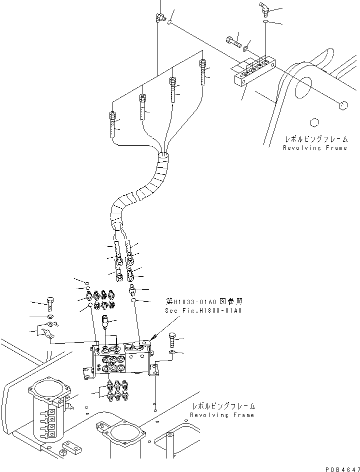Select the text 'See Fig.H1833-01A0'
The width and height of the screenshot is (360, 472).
pyautogui.click(x=203, y=311)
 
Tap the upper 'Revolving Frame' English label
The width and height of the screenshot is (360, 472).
pyautogui.click(x=314, y=148)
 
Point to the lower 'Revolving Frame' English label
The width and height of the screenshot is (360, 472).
pyautogui.click(x=221, y=415)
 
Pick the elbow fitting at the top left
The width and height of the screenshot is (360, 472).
pyautogui.click(x=158, y=18)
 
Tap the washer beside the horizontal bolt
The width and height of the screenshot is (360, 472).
pyautogui.click(x=244, y=48)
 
